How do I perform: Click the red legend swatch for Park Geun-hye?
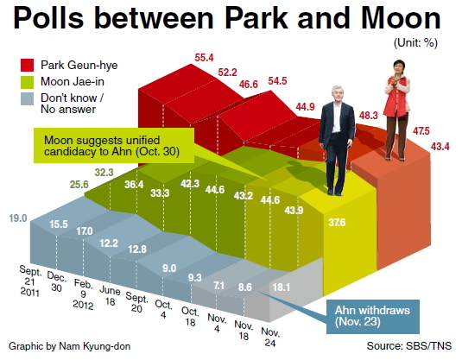point(27,65)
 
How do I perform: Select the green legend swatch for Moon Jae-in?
point(27,82)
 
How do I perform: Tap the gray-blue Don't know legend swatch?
point(27,98)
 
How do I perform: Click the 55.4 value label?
point(204,58)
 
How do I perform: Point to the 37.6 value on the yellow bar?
point(337,222)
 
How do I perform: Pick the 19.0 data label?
point(18,218)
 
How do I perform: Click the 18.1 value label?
point(282,287)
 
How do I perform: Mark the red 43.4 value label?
point(440,147)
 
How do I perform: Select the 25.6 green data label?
point(79,185)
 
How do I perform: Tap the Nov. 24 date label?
point(270,338)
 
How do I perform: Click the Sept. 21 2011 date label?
point(29,281)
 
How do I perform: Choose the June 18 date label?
point(110,296)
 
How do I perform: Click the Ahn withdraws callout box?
point(373,317)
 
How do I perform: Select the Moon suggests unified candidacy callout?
point(114,146)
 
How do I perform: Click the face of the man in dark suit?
point(337,94)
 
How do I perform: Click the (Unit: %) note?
point(415,43)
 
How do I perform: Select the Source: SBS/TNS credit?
point(409,346)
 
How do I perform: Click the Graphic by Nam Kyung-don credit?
point(70,346)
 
